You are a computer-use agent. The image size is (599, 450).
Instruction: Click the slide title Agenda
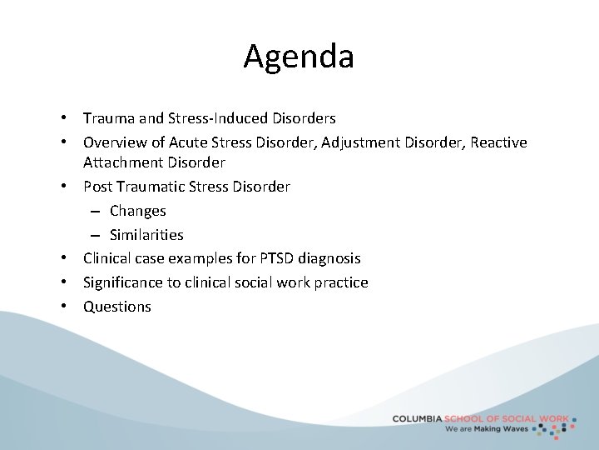[x=299, y=57]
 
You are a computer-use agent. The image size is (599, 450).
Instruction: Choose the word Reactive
[x=498, y=142]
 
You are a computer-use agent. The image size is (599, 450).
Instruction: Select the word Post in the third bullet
[x=97, y=187]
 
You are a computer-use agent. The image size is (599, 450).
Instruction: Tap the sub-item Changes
[x=138, y=211]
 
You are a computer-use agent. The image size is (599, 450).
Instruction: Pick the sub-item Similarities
[x=146, y=235]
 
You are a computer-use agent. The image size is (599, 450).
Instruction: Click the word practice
[x=340, y=282]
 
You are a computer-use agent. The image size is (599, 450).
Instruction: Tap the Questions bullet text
[x=117, y=307]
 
